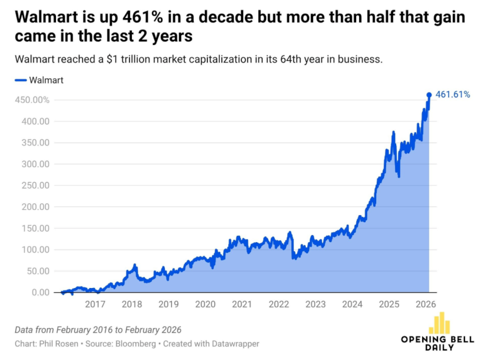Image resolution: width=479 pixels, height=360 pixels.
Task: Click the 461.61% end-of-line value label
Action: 453,94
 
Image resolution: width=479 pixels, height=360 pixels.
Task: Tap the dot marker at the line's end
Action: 429,94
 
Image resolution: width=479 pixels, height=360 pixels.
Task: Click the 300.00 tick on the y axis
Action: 35,164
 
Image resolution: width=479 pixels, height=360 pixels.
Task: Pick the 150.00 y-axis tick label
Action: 35,228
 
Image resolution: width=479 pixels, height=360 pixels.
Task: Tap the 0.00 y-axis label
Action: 39,292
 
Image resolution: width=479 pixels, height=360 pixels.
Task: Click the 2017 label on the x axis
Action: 95,304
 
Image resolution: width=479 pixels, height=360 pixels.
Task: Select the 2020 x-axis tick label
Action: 205,304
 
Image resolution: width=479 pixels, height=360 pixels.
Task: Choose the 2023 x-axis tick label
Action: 315,304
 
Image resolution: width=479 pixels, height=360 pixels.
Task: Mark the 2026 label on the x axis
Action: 426,304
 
